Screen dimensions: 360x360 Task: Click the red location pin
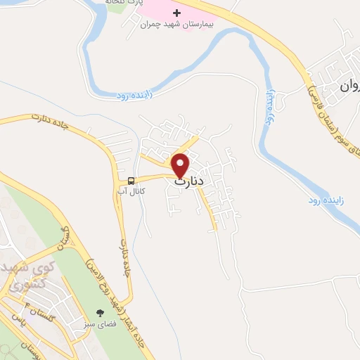click(x=181, y=165)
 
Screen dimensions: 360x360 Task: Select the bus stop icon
click(x=131, y=179)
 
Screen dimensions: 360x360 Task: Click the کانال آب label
click(x=131, y=191)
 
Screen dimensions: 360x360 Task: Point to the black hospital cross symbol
click(x=176, y=13)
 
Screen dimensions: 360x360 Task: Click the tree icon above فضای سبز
click(x=100, y=313)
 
